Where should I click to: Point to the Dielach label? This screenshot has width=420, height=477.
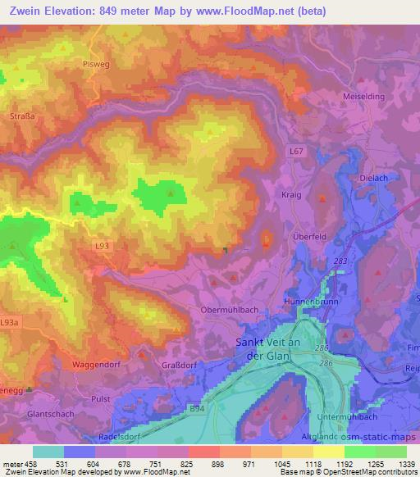(373, 176)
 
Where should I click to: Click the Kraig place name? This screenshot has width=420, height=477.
(291, 195)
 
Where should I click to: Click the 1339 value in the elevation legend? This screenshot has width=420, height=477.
(406, 462)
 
